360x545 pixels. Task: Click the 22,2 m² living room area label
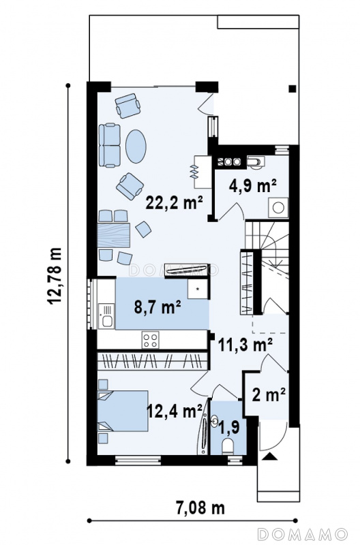click(x=175, y=202)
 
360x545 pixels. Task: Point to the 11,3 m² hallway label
click(x=245, y=345)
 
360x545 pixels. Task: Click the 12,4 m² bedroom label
click(x=175, y=411)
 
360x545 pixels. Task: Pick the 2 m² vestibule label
click(x=269, y=394)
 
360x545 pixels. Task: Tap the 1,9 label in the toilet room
click(x=229, y=427)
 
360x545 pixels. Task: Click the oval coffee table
click(x=136, y=146)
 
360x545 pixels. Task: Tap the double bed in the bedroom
click(x=123, y=411)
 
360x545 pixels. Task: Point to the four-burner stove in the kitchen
click(x=150, y=340)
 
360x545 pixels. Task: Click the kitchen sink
click(x=106, y=316)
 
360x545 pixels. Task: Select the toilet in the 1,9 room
click(x=228, y=446)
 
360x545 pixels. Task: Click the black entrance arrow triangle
click(x=269, y=456)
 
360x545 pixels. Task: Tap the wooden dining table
click(x=114, y=235)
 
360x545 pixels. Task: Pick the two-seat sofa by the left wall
click(x=109, y=145)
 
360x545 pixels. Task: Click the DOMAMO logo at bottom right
click(x=303, y=533)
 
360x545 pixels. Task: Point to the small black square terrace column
click(x=292, y=89)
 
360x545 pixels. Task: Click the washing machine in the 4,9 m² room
click(x=278, y=208)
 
